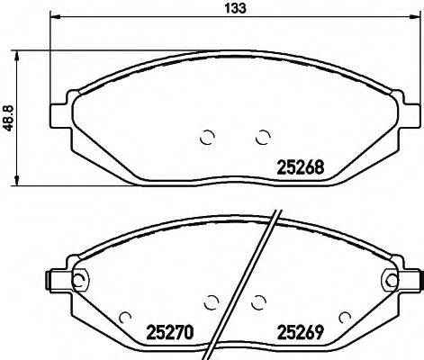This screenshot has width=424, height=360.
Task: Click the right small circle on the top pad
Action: pyautogui.click(x=263, y=137)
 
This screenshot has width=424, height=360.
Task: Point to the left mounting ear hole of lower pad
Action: pyautogui.click(x=77, y=280)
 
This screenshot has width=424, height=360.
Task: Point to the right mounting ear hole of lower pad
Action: pyautogui.click(x=390, y=280)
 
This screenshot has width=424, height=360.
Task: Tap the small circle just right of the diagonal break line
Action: pyautogui.click(x=259, y=302)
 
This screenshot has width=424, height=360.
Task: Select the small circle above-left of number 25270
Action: pyautogui.click(x=126, y=317)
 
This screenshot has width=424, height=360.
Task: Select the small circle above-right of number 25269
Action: pyautogui.click(x=343, y=317)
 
